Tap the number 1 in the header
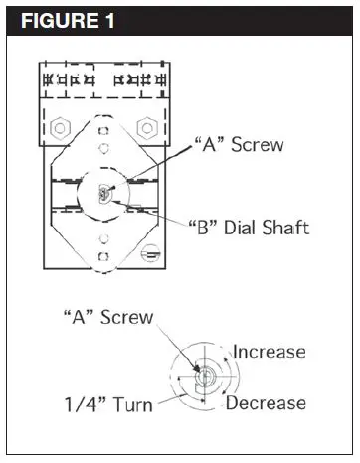[x=109, y=21]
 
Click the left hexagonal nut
[x=60, y=128]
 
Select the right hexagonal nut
[x=147, y=128]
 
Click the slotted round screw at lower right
[x=151, y=253]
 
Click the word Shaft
[x=283, y=228]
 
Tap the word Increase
[x=270, y=352]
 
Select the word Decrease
[x=266, y=403]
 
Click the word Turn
[x=133, y=404]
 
